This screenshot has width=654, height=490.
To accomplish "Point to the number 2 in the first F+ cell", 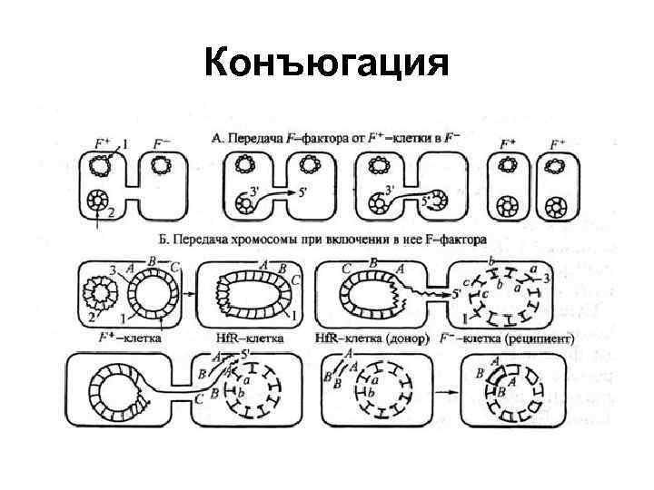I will click(x=111, y=214).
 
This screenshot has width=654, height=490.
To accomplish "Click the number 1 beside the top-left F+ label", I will click(x=124, y=142).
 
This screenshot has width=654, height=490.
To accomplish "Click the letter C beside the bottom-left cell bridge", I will click(x=200, y=396).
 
